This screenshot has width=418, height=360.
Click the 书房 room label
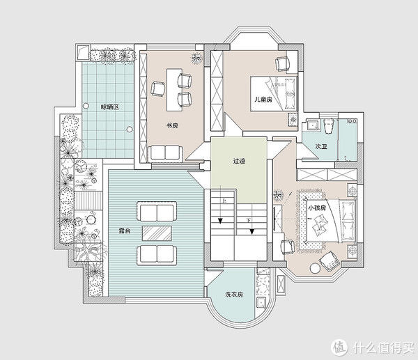[x=172, y=125]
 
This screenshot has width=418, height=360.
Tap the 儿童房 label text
[x=263, y=100]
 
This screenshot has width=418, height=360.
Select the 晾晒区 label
[x=109, y=107]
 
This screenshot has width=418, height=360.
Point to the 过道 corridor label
[x=239, y=161]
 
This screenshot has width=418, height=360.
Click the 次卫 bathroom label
[x=321, y=146]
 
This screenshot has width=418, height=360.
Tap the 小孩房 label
[x=317, y=208]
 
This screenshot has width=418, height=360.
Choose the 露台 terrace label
[x=124, y=230]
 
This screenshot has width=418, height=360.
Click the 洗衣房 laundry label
[x=234, y=295]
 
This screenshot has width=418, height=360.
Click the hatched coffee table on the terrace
[x=157, y=233]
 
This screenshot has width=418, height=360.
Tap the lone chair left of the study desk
[x=157, y=88]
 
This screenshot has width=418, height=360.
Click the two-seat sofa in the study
[x=165, y=152]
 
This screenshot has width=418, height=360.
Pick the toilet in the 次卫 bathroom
[x=329, y=125]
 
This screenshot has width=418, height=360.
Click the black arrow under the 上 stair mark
[x=220, y=221]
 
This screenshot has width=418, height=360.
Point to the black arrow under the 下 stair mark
[x=252, y=232]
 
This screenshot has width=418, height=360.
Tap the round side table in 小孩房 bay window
[x=316, y=268]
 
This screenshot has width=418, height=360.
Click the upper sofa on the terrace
[x=157, y=212]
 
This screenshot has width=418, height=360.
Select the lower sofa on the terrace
[x=157, y=256]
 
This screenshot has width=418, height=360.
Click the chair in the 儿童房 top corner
[x=282, y=64]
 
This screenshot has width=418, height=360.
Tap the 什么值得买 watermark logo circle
[x=339, y=347]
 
